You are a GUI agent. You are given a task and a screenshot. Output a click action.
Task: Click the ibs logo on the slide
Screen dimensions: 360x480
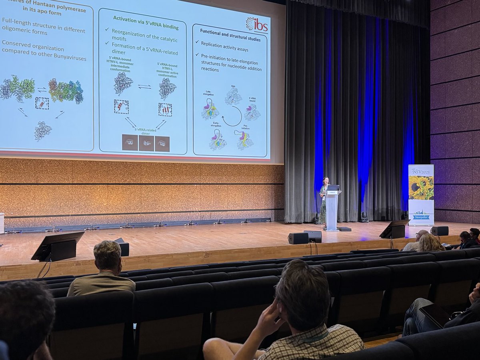pos(257,24)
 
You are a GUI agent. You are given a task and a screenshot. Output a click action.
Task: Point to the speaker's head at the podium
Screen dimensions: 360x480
pos(326,180)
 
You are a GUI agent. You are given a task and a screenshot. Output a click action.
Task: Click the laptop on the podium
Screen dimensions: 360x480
pos(333,188)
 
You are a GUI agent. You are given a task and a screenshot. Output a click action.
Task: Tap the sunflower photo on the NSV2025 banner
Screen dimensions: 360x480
pos(421,188)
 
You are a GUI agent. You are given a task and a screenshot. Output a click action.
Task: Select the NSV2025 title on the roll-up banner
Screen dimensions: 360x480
pos(421,171)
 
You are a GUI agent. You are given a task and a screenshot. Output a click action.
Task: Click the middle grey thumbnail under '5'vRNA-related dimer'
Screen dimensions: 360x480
pos(146,143)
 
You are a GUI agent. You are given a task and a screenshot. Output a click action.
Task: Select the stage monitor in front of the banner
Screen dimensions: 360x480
pos(394,229)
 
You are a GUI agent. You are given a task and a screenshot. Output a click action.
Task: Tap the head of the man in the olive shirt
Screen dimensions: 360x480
pos(107,256)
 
